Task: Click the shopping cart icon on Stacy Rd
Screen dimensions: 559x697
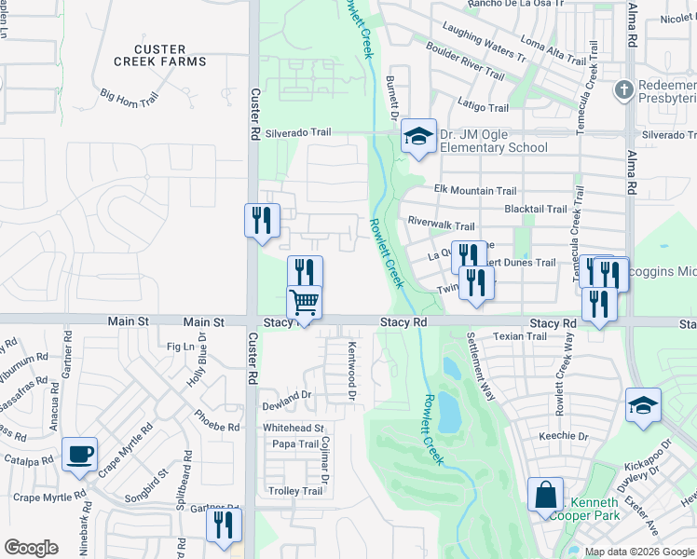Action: pyautogui.click(x=305, y=304)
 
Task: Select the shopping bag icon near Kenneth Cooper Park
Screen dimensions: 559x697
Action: pyautogui.click(x=545, y=497)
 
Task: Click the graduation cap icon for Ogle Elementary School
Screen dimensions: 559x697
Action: pyautogui.click(x=418, y=138)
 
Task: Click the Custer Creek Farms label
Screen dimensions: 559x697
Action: pyautogui.click(x=159, y=55)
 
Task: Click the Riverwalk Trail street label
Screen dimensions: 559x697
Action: pyautogui.click(x=442, y=225)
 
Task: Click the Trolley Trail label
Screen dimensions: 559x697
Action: pyautogui.click(x=295, y=491)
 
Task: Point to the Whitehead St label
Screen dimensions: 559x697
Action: pyautogui.click(x=293, y=428)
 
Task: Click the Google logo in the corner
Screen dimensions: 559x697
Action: pyautogui.click(x=31, y=548)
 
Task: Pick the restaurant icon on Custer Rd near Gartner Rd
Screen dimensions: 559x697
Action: pyautogui.click(x=224, y=525)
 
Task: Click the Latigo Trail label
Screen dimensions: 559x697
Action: pyautogui.click(x=483, y=108)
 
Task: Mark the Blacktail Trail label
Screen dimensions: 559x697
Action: pyautogui.click(x=535, y=210)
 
